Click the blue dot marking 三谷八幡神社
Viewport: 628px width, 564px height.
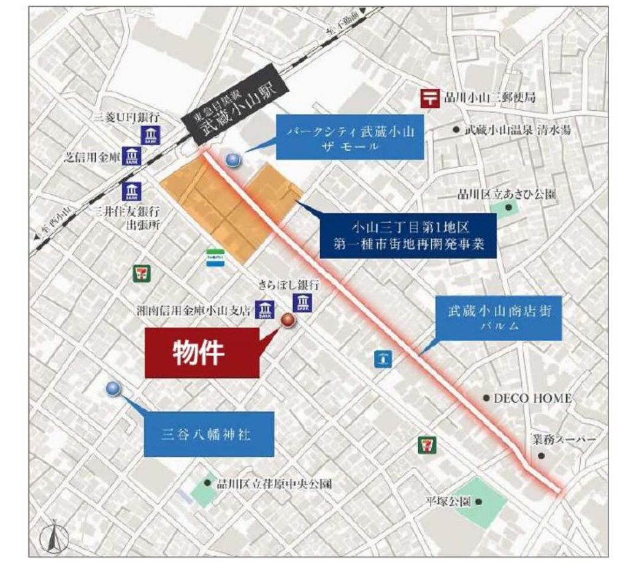[x=113, y=389]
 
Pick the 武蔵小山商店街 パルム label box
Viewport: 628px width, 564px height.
[x=498, y=318]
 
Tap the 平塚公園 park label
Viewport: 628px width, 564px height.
[x=449, y=501]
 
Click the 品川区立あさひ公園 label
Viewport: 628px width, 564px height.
[x=507, y=195]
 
